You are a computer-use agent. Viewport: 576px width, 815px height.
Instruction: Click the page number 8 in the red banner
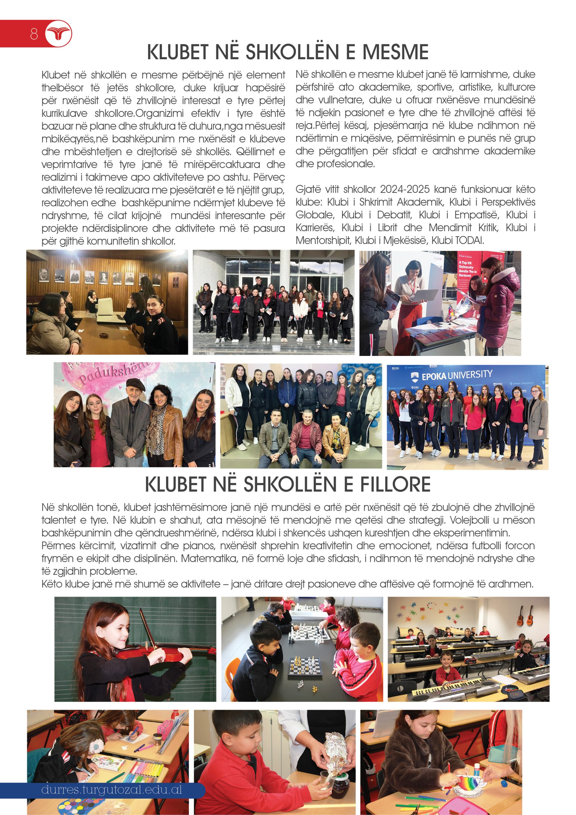34,34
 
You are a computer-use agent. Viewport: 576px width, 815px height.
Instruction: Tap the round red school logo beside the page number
59,34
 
